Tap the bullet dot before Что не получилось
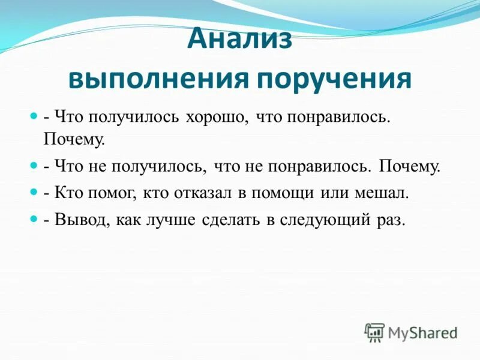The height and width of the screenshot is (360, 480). (34, 164)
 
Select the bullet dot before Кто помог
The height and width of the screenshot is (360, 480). (34, 192)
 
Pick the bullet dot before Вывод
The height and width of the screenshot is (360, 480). (34, 220)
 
